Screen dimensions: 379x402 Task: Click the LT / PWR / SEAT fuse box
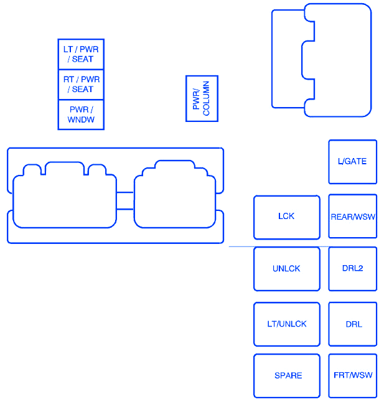(x=81, y=54)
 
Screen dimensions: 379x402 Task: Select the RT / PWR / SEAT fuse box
(x=81, y=85)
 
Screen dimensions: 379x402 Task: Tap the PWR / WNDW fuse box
(x=81, y=115)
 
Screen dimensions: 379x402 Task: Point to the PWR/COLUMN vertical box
(x=202, y=98)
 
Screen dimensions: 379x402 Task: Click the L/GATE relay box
(x=353, y=162)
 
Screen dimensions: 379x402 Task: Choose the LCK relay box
(x=287, y=217)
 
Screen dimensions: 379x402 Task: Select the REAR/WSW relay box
(x=353, y=217)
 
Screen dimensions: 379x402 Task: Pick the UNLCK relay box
(x=287, y=269)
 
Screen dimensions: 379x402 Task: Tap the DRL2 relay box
(x=353, y=269)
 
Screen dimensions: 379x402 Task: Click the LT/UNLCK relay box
(x=287, y=324)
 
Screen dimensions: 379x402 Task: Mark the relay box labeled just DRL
(x=353, y=324)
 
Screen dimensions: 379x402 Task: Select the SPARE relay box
(x=287, y=376)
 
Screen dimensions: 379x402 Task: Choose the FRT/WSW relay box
(x=353, y=376)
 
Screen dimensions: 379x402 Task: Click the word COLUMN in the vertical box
(x=206, y=98)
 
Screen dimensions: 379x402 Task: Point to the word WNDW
(x=81, y=119)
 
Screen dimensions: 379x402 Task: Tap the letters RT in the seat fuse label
(x=68, y=80)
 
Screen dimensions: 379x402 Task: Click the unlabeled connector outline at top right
(x=371, y=60)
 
